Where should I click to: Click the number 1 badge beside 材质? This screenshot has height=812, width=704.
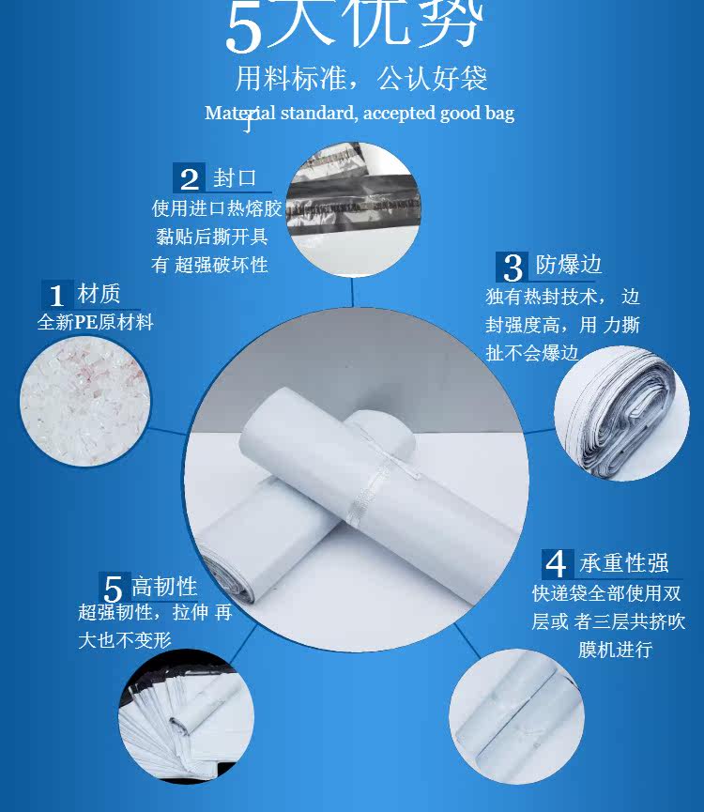tap(56, 295)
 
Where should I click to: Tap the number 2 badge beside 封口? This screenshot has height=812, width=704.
tap(189, 178)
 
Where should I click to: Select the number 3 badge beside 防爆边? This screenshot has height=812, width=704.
tap(512, 268)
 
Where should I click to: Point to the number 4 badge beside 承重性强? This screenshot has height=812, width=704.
tap(558, 564)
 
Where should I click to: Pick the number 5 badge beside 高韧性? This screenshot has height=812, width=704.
tap(113, 588)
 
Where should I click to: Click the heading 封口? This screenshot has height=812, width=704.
tap(235, 178)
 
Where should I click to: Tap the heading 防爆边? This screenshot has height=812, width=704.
tap(569, 265)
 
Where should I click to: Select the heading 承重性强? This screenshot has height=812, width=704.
tap(624, 563)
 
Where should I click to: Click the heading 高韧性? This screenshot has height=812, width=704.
tap(164, 587)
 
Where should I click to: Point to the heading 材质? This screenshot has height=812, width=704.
tap(99, 294)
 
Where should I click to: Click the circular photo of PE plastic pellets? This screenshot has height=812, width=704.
tap(85, 402)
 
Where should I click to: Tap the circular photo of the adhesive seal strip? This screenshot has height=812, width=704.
tap(354, 209)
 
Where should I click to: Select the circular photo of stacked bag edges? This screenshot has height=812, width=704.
tap(621, 413)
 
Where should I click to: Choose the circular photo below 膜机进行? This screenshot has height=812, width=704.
tap(516, 716)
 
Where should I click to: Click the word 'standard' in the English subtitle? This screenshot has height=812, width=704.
tap(318, 113)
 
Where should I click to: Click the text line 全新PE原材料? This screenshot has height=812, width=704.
tap(96, 322)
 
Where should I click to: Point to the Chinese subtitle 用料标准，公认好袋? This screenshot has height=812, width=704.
tap(361, 79)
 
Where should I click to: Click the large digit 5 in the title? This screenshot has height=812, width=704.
tap(244, 29)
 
